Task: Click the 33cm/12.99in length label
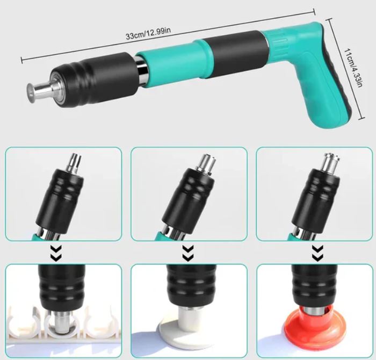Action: pos(148,33)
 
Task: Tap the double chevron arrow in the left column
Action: pos(56,253)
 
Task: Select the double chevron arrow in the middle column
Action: pos(188,253)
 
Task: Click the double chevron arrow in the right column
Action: pos(317,253)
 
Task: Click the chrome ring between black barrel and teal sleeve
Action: pos(141,71)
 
